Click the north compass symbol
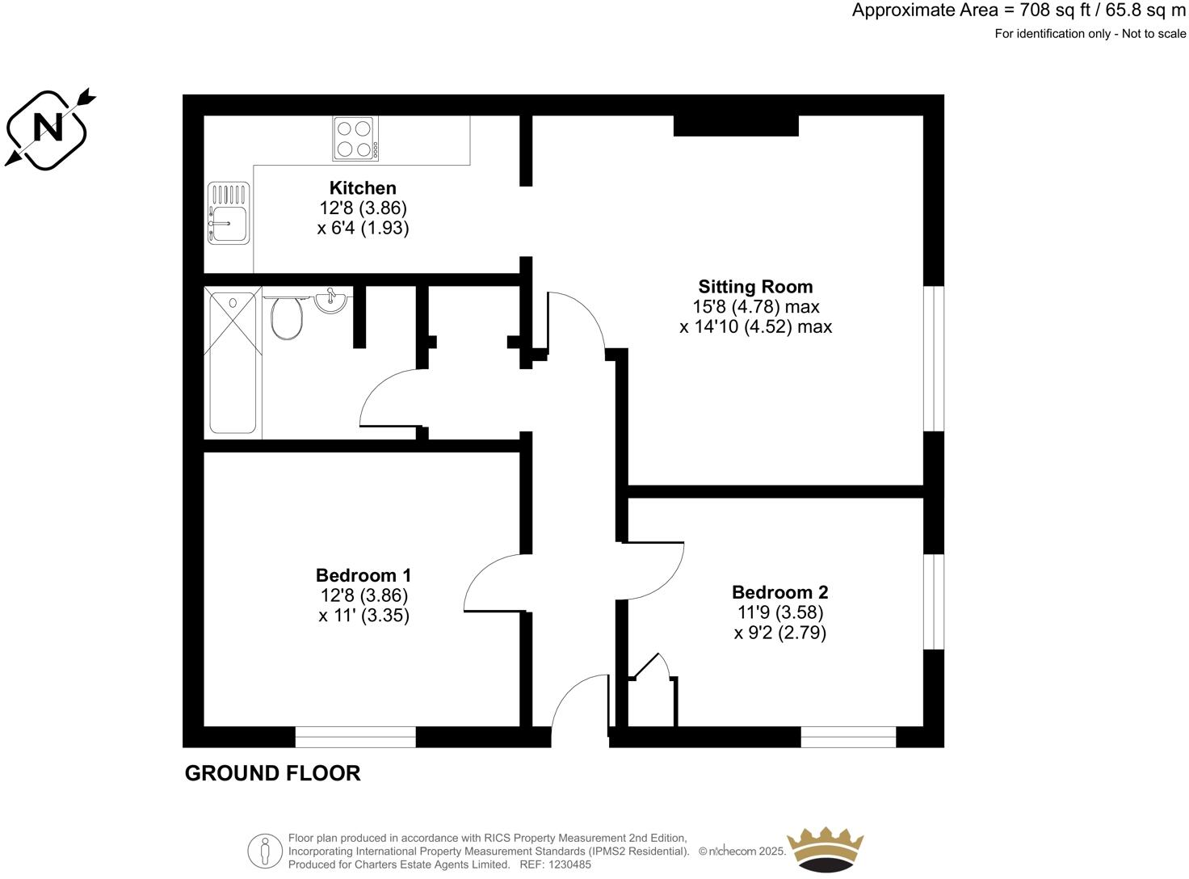48,128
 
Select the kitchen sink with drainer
229,213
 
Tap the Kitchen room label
363,188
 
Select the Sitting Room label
755,287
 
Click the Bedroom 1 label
363,575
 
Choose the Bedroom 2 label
779,592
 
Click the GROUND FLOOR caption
272,773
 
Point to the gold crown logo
825,850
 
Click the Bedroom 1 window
355,736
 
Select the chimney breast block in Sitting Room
736,126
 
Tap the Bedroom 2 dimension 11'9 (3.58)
779,612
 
